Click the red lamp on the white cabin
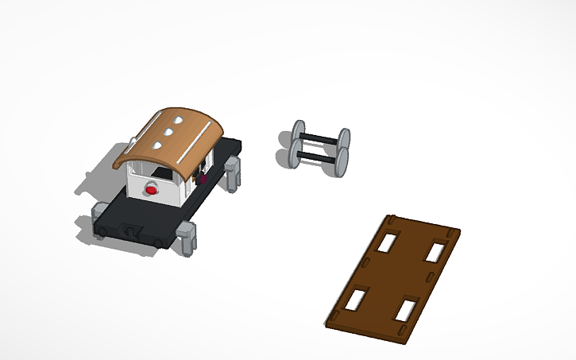151,190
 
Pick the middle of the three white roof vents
168,133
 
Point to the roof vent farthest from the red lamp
180,122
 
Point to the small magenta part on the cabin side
205,179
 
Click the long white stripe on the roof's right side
194,143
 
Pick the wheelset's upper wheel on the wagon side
299,132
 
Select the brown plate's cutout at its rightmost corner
435,252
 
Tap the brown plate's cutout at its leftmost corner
357,299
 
